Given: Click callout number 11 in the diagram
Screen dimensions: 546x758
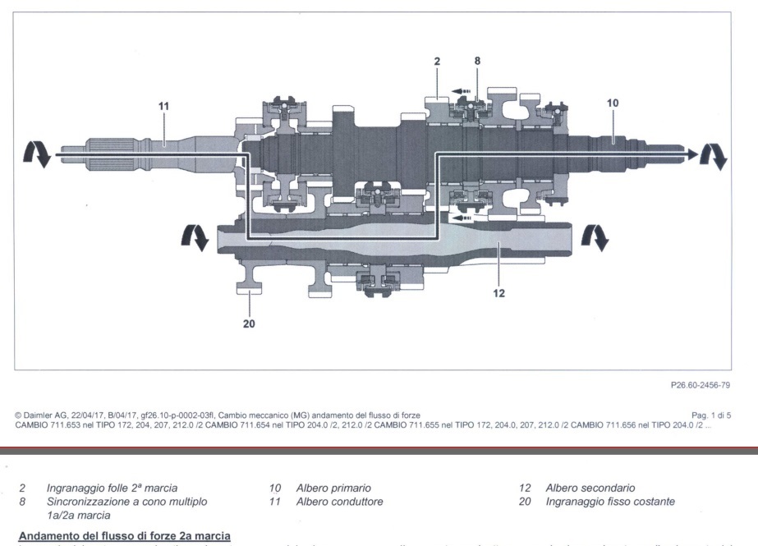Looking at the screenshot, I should click(163, 105).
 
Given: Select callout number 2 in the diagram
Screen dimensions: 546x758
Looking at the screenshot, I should click(438, 61).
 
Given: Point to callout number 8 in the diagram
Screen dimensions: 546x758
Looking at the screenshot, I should click(477, 61).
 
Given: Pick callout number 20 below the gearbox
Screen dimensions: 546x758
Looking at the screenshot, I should click(249, 323).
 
